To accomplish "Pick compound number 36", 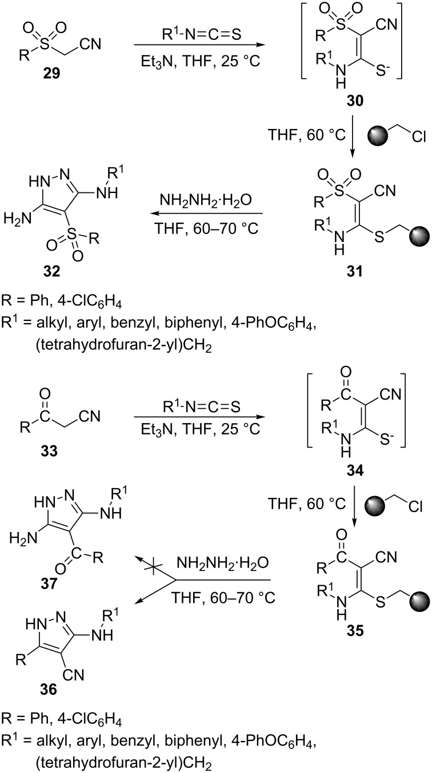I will pos(49,690).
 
